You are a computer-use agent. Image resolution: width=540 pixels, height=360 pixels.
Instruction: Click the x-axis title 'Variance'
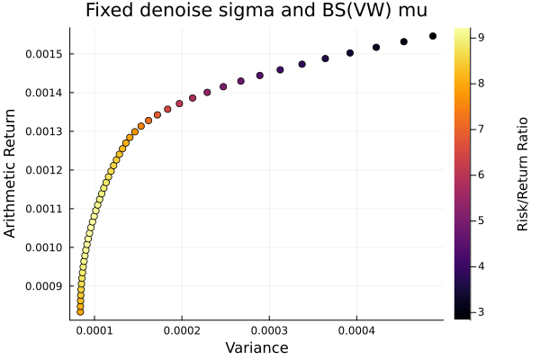[x=256, y=347]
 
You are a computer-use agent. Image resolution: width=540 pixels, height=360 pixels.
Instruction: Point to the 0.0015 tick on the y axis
[x=43, y=54]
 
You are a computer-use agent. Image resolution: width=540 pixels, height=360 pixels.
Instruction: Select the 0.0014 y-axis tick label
[x=43, y=93]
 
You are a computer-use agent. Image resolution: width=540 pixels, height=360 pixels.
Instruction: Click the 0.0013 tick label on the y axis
[x=43, y=131]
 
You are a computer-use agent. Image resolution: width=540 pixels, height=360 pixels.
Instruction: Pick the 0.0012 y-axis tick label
[x=43, y=170]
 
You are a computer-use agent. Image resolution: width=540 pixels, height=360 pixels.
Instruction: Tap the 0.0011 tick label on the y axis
[x=43, y=209]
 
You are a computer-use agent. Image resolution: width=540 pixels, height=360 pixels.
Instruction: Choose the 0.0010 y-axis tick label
[x=43, y=247]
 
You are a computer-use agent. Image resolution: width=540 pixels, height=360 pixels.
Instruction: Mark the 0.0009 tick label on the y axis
[x=43, y=286]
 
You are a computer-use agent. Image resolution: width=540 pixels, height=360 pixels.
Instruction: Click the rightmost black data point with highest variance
[x=433, y=36]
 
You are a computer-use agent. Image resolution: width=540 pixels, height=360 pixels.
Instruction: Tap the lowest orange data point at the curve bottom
[x=80, y=311]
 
